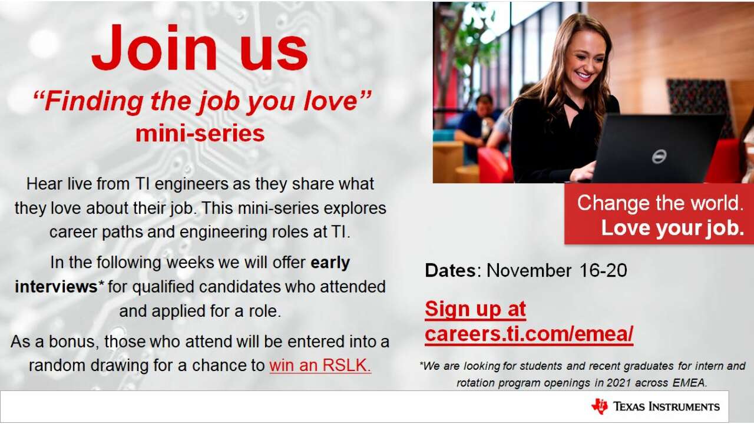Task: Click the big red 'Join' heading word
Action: pos(154,47)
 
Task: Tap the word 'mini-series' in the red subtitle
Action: pos(200,134)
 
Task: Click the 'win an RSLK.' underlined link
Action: pos(320,365)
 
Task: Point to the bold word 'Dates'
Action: pos(451,270)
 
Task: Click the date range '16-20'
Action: pos(603,270)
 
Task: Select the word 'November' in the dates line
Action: pos(529,270)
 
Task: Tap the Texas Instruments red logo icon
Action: pos(600,406)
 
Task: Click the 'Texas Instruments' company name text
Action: pos(666,406)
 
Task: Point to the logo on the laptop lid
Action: pos(659,157)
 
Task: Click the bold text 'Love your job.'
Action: pos(673,228)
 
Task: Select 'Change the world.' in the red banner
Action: pos(660,203)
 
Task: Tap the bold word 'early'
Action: pos(330,263)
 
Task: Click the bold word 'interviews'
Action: pos(56,287)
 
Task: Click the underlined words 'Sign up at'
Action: pos(475,309)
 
